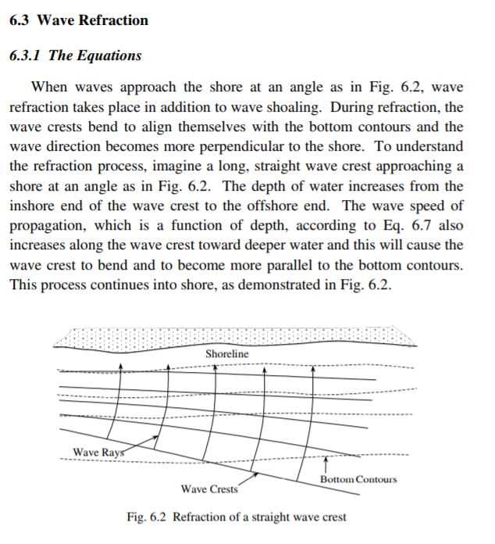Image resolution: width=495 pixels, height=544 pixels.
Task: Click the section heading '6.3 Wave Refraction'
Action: coord(78,20)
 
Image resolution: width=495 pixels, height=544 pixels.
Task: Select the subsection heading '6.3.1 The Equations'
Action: coord(75,55)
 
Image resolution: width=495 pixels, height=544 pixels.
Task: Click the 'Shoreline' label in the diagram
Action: coord(227,354)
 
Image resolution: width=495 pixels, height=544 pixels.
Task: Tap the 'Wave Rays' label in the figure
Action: coord(97,452)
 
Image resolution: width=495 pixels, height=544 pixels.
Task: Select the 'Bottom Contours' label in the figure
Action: coord(358,479)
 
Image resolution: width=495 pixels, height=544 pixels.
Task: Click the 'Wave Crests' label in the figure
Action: coord(208,489)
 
